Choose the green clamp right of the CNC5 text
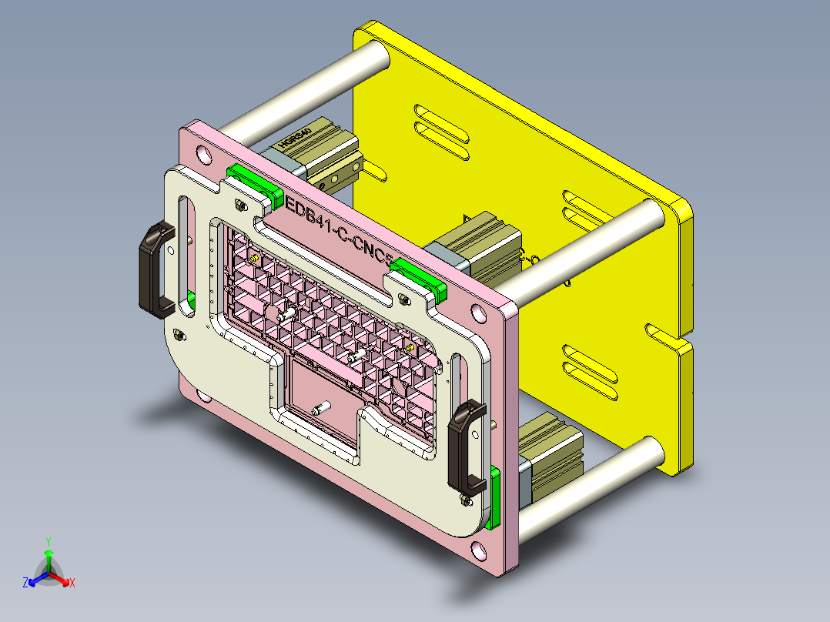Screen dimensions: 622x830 pos(420,278)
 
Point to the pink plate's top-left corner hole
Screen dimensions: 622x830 pos(204,153)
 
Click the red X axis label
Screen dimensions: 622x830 pos(72,584)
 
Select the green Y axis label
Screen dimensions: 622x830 pos(48,541)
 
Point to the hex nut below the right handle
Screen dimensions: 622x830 pos(465,500)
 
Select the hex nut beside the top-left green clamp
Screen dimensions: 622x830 pos(240,205)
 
